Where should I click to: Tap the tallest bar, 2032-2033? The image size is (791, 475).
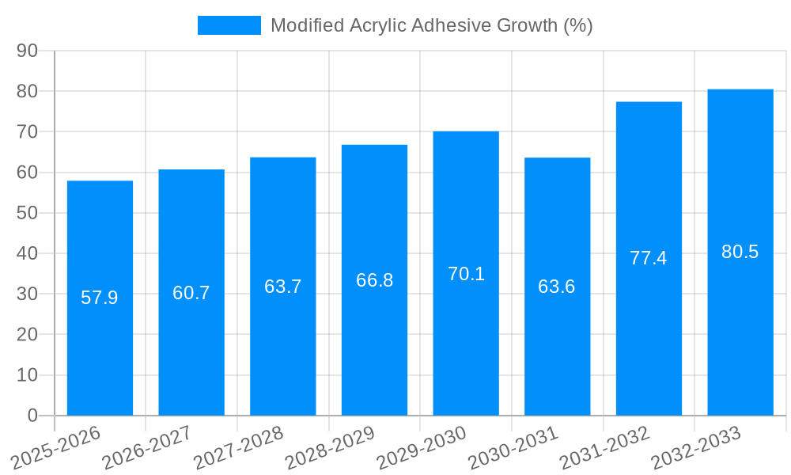coord(740,332)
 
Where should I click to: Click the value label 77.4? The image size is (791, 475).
coord(649,258)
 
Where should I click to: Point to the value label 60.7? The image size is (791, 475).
coord(191,293)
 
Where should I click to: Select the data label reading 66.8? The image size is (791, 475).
coord(374,280)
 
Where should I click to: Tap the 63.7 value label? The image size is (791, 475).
coord(282,287)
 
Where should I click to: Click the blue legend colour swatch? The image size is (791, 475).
coord(229,25)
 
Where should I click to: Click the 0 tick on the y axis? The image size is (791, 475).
coord(32,416)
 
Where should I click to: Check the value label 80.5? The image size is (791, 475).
coord(740,252)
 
